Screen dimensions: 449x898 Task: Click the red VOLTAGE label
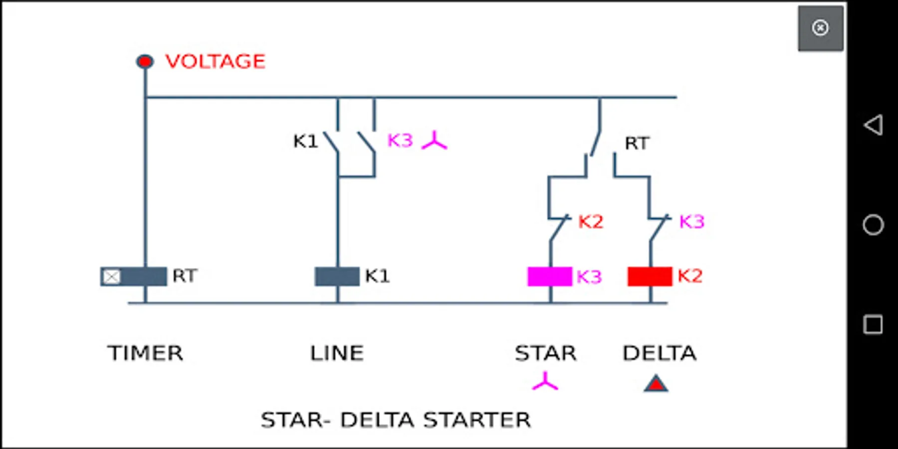point(215,61)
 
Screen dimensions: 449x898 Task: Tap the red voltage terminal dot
point(145,61)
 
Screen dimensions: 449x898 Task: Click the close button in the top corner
point(820,28)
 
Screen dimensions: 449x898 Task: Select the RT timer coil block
point(134,276)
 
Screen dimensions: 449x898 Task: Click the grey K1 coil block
point(337,276)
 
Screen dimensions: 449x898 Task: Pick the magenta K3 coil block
point(549,276)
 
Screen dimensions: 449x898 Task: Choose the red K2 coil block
point(650,276)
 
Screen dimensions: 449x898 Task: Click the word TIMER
point(145,353)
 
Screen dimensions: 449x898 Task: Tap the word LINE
point(337,353)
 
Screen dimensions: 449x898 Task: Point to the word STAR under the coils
point(545,353)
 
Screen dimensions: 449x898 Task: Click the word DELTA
point(659,353)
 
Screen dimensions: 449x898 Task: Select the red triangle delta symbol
point(656,384)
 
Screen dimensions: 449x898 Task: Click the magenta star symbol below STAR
point(545,382)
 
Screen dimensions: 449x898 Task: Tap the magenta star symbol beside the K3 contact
point(435,141)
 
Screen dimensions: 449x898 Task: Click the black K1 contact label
point(305,142)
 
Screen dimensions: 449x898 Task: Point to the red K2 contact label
point(591,222)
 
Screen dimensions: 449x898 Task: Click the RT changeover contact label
point(637,144)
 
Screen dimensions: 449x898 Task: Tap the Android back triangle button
point(873,125)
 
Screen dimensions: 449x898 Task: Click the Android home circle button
point(873,225)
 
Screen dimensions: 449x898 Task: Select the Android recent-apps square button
point(873,325)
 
